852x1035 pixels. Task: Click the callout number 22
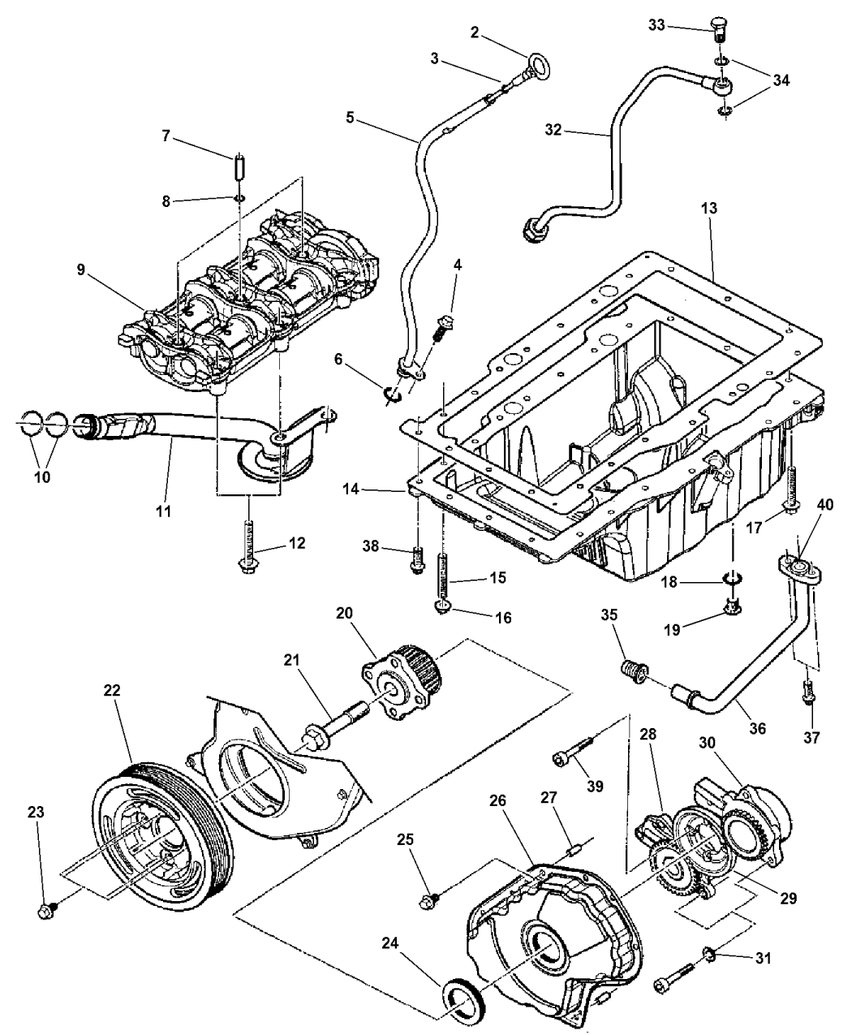pyautogui.click(x=112, y=689)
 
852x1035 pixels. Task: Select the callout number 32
pyautogui.click(x=575, y=130)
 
